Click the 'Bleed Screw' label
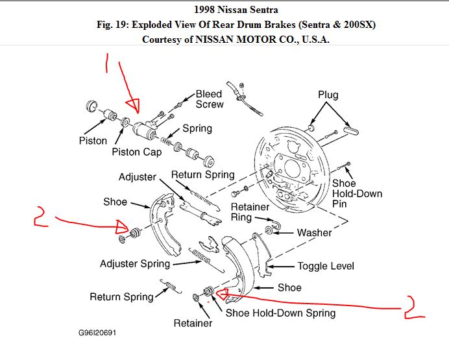tap(210, 99)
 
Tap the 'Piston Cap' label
tap(137, 152)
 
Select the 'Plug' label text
tap(329, 95)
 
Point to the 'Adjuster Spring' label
tap(135, 264)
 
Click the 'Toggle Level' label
tap(325, 266)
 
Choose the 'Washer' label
tap(314, 232)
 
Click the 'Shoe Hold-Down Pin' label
tap(357, 193)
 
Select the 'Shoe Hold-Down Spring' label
tap(280, 313)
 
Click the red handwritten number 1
tap(108, 62)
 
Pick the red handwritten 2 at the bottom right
tap(413, 308)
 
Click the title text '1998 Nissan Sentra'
tap(236, 10)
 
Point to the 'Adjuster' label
tap(138, 177)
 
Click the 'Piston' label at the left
tap(93, 141)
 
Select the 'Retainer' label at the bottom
tap(193, 323)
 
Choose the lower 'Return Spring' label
tap(121, 297)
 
